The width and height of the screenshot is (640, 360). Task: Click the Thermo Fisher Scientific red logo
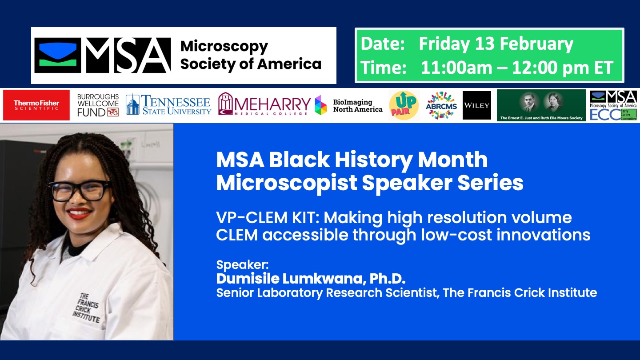(36, 105)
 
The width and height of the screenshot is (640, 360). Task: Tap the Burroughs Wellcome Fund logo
(98, 105)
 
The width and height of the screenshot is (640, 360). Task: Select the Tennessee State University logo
(168, 105)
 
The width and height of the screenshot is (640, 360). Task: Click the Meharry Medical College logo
(264, 105)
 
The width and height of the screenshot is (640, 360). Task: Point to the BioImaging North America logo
(348, 105)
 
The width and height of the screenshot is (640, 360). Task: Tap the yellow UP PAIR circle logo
(404, 105)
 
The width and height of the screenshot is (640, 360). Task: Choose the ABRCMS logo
(441, 105)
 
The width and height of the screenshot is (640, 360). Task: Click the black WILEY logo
(476, 105)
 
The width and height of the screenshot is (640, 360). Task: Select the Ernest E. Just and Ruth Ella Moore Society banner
(541, 105)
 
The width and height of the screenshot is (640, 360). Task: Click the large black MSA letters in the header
(128, 55)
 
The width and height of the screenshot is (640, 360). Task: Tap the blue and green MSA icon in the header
(58, 55)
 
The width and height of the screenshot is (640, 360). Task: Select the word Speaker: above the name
(242, 265)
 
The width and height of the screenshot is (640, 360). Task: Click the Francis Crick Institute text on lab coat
(86, 308)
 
